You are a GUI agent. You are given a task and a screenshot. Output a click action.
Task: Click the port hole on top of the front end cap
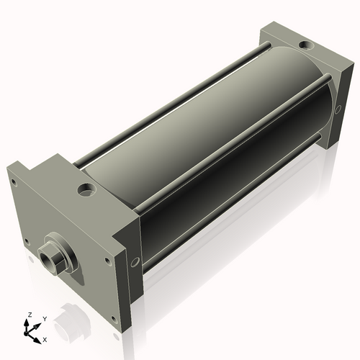(86, 191)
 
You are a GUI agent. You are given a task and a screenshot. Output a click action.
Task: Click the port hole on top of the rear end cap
(308, 46)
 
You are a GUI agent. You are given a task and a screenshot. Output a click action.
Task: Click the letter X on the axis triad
(45, 338)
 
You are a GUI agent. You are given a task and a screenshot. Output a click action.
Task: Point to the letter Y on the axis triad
(44, 318)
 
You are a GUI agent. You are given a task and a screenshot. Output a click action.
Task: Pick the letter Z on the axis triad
(30, 315)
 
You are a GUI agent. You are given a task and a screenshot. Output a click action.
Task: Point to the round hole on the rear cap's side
(337, 109)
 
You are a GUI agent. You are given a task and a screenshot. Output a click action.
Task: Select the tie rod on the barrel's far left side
(173, 101)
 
